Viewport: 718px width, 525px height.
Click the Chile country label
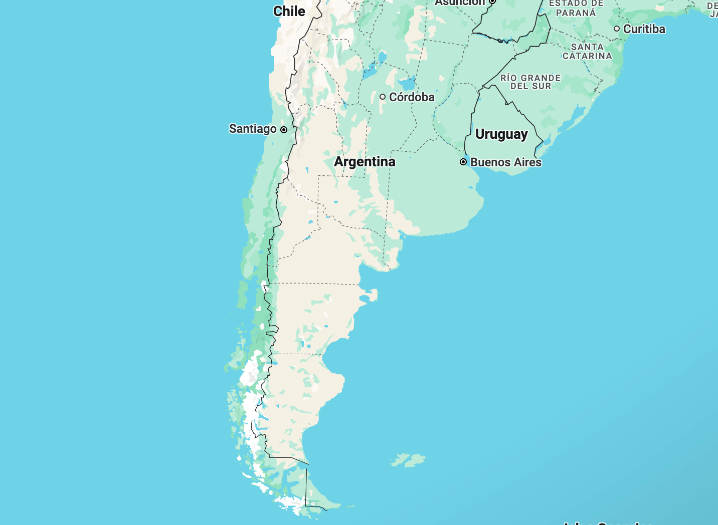click(289, 11)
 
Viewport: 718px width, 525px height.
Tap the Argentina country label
click(365, 161)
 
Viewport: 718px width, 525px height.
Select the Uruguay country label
click(501, 134)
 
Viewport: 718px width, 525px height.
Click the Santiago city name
click(253, 129)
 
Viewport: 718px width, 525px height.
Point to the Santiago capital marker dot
click(284, 130)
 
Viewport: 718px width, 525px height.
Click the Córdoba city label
click(412, 97)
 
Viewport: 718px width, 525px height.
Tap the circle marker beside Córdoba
click(383, 97)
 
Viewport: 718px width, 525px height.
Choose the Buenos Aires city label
click(506, 162)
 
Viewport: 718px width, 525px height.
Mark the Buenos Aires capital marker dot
click(463, 162)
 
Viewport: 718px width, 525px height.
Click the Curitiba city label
click(644, 29)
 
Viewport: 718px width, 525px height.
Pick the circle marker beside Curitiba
click(617, 29)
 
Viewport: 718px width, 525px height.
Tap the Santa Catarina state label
click(587, 51)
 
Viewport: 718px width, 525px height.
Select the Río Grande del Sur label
click(530, 82)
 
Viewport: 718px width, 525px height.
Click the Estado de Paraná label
click(576, 8)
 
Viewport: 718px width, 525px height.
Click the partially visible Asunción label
click(460, 3)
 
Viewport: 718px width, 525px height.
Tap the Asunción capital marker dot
click(492, 2)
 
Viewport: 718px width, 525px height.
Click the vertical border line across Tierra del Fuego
click(306, 486)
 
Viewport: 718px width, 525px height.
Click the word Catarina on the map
click(587, 56)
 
